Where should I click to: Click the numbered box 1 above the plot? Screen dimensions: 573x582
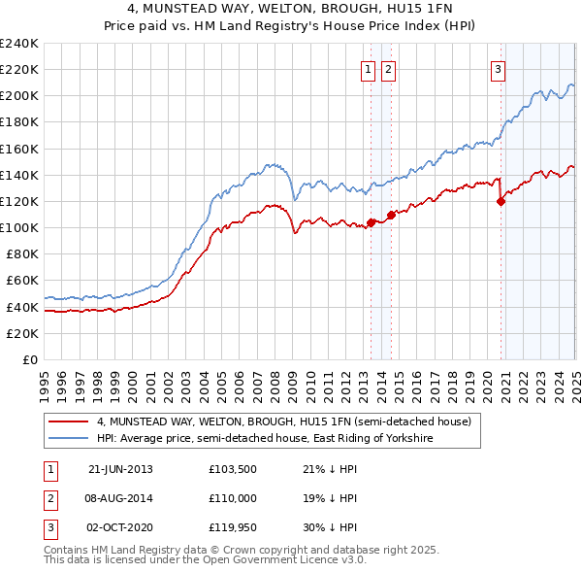(x=369, y=69)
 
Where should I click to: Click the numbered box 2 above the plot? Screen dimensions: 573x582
(x=388, y=69)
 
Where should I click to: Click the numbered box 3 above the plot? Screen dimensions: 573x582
(x=498, y=69)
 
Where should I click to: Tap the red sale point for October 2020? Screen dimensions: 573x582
(x=501, y=202)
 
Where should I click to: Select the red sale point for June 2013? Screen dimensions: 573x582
(x=371, y=223)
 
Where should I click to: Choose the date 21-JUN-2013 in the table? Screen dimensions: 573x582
(x=120, y=469)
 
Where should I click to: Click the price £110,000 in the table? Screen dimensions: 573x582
(x=230, y=498)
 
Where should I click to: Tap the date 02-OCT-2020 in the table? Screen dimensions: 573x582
(x=120, y=527)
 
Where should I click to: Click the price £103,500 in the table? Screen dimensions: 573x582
(x=230, y=469)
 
